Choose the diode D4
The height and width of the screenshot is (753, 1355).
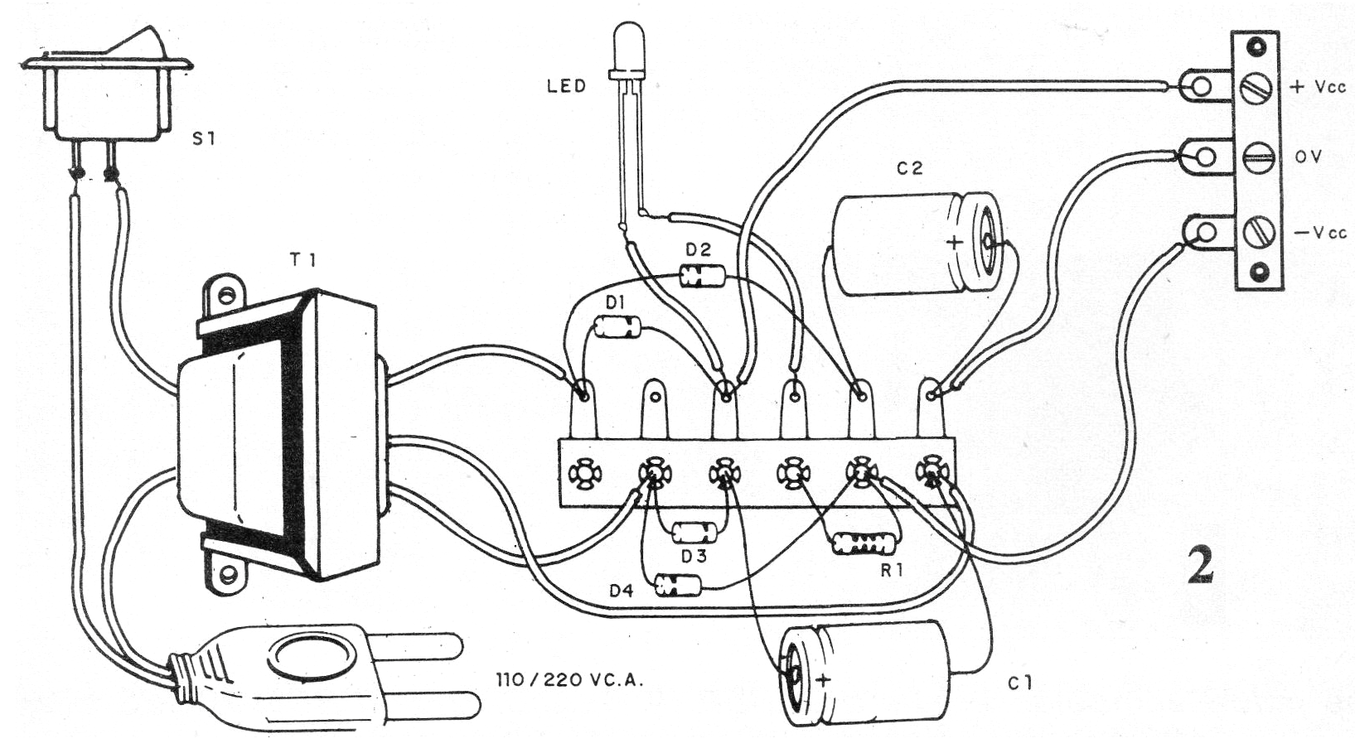[678, 586]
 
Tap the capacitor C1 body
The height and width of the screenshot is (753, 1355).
[866, 672]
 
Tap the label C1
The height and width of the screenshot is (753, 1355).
[1021, 683]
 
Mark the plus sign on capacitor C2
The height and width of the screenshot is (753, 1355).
[955, 243]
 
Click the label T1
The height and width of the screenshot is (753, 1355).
[302, 260]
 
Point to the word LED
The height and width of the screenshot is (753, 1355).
[567, 86]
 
